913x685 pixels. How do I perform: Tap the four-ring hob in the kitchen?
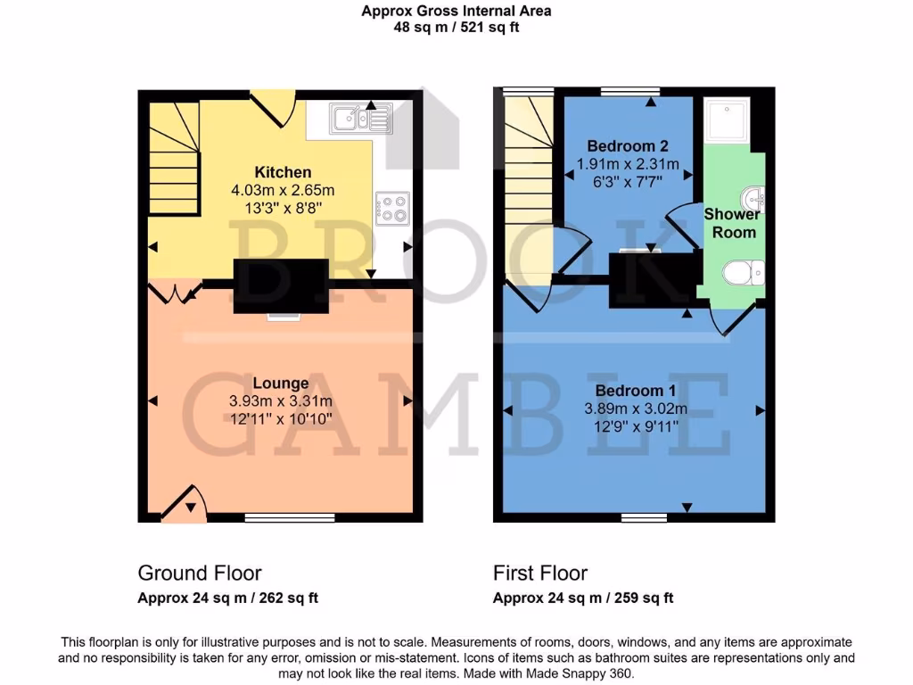[392, 209]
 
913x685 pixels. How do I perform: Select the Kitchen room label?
[283, 172]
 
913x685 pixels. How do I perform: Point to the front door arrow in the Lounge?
[190, 507]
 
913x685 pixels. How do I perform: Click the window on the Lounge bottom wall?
[290, 516]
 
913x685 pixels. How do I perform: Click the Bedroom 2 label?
[628, 145]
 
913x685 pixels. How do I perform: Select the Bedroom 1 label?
[629, 391]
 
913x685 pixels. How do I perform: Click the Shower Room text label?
[731, 223]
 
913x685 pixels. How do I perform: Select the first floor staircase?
[528, 187]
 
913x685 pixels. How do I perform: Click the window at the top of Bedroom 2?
[629, 91]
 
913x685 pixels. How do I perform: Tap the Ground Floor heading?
[199, 573]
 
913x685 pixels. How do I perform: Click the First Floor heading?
[540, 573]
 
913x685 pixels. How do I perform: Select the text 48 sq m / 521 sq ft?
[456, 27]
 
